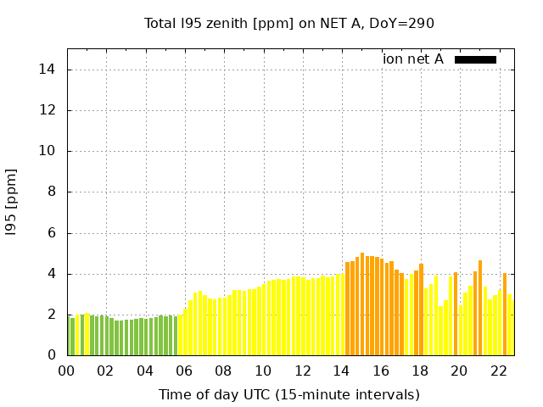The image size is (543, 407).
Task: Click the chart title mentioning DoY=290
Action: tap(289, 23)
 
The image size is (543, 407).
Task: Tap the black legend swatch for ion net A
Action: tap(475, 59)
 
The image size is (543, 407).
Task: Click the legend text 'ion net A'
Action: tap(413, 59)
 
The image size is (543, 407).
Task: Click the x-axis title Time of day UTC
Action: tap(289, 394)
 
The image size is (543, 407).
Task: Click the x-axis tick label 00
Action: tap(67, 371)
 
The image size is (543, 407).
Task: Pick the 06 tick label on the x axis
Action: tap(184, 371)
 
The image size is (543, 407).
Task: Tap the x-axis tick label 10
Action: tap(263, 371)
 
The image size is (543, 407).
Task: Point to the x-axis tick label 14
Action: tap(341, 371)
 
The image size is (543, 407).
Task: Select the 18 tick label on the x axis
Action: tap(420, 371)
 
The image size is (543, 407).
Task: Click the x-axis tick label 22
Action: tap(498, 371)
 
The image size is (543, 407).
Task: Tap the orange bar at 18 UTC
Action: tap(421, 309)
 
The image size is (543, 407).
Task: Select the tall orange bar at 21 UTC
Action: tap(480, 308)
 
